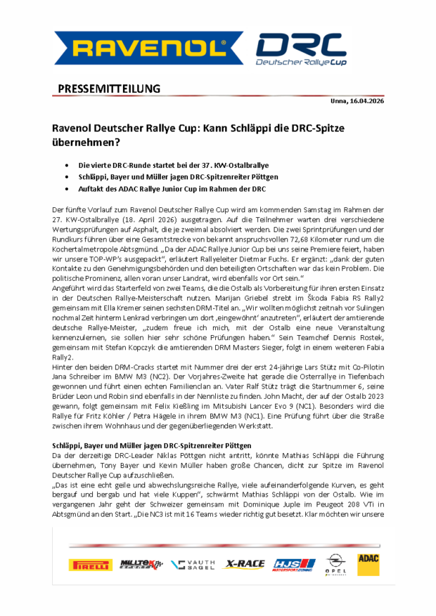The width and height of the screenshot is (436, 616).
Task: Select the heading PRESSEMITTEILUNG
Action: (108, 89)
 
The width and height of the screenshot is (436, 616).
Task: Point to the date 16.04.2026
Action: (366, 102)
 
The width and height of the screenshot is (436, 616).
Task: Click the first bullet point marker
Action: (66, 164)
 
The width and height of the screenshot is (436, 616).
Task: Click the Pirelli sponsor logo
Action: (90, 564)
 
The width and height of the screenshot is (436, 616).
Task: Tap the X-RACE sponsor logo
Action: (245, 564)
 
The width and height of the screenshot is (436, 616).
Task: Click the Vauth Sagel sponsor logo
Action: (194, 564)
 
